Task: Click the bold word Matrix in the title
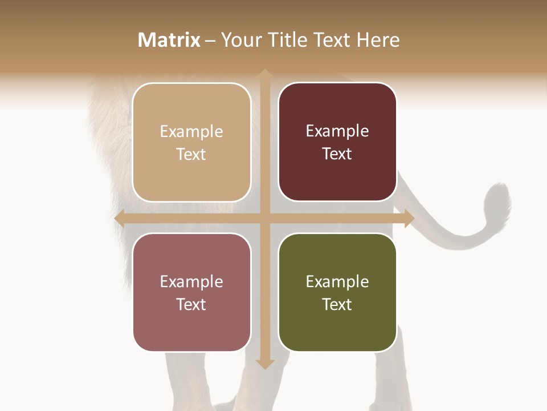click(169, 40)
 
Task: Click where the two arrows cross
click(264, 218)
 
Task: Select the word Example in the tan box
click(191, 132)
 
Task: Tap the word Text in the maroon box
click(337, 154)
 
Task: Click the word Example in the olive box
click(337, 281)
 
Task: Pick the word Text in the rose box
click(191, 304)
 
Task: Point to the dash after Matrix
click(211, 41)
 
